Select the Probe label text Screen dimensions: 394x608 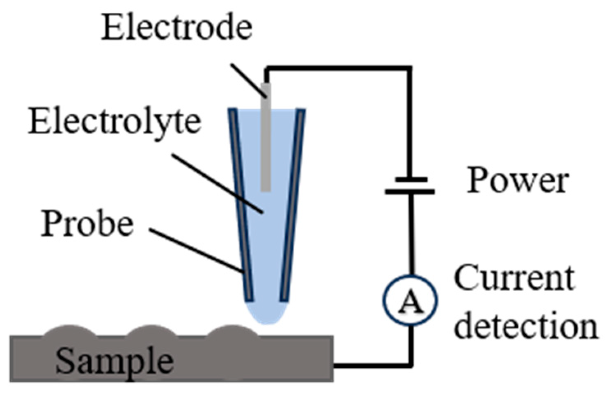click(87, 224)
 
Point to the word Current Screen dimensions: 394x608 click(514, 278)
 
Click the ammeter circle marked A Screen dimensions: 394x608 click(410, 301)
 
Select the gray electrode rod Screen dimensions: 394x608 click(266, 139)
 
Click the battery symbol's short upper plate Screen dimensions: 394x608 click(411, 180)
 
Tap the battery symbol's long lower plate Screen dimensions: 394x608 click(410, 191)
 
